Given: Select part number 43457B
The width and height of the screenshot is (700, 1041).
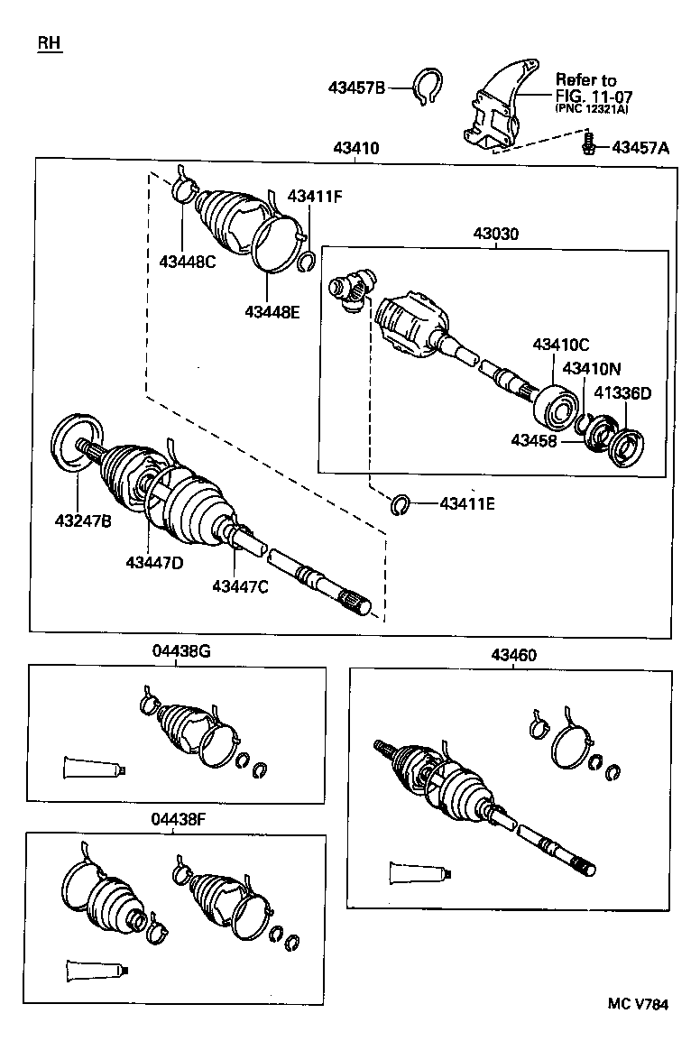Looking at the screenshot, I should (x=356, y=88).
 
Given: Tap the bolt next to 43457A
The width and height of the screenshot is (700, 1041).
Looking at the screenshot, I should (x=588, y=143).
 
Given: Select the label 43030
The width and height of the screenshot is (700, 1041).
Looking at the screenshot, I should (x=496, y=234).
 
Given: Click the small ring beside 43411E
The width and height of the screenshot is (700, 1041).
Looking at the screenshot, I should (x=401, y=505).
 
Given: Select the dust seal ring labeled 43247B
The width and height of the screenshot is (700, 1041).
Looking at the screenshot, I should (x=75, y=443).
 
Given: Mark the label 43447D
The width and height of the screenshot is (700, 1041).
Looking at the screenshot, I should (x=154, y=563).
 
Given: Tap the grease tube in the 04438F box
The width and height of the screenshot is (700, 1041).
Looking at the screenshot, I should (x=97, y=971).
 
